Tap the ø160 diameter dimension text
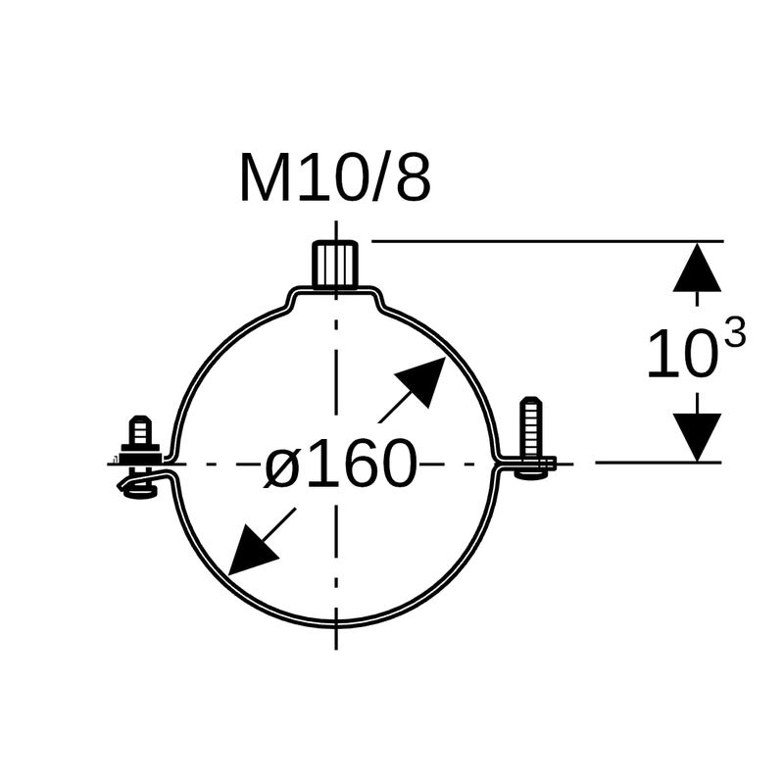pos(340,464)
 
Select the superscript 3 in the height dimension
pos(731,334)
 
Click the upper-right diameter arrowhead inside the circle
pos(421,381)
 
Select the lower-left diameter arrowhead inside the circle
pos(252,550)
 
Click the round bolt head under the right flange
pos(533,474)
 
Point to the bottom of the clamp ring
pos(336,622)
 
